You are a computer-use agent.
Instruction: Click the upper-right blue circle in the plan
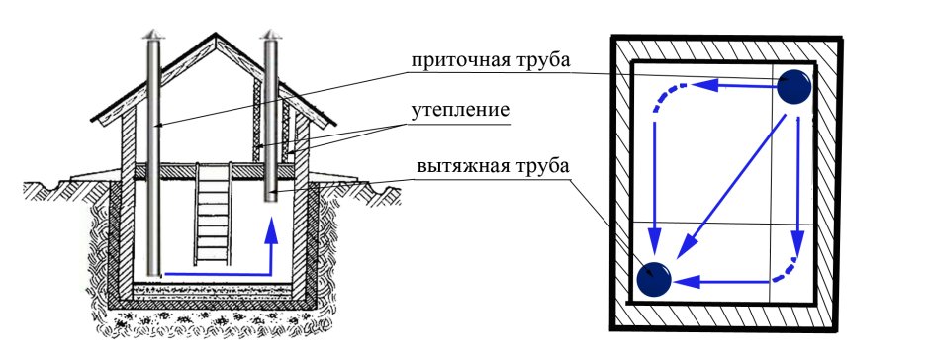click(x=793, y=88)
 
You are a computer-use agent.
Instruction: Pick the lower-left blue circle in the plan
click(x=654, y=280)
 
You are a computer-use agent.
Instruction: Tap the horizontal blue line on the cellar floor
click(x=213, y=271)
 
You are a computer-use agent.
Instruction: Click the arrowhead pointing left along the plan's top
click(x=698, y=87)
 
